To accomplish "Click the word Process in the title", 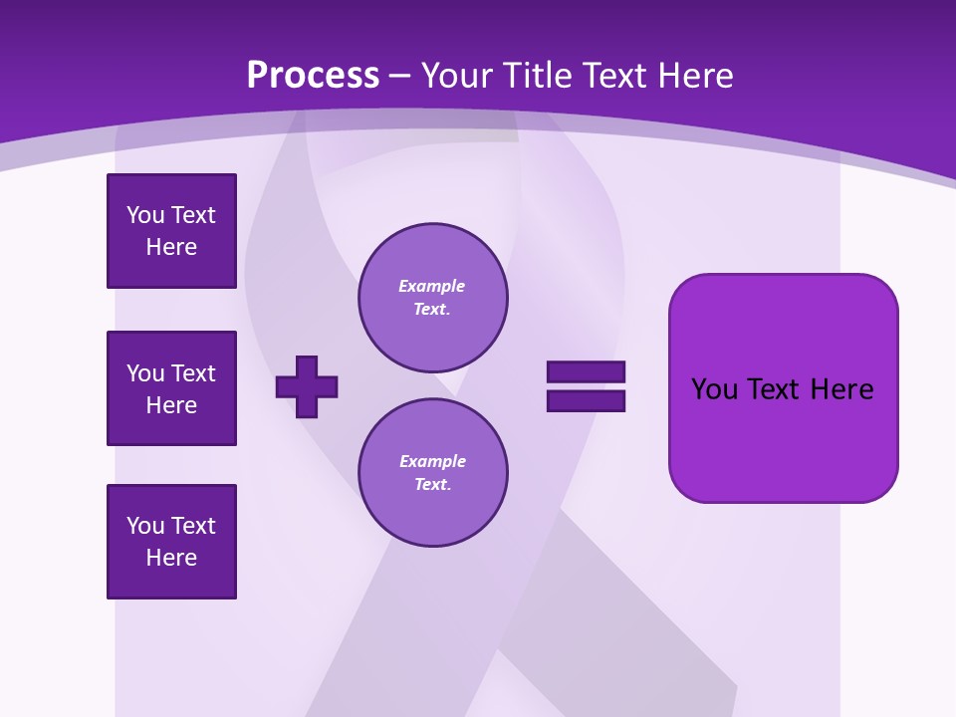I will pyautogui.click(x=313, y=76).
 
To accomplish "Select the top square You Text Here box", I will pyautogui.click(x=171, y=231).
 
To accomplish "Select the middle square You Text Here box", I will pyautogui.click(x=171, y=388).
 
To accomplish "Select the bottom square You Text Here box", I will pyautogui.click(x=171, y=541).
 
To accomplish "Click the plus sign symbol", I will pyautogui.click(x=307, y=386).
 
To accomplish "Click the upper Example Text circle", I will pyautogui.click(x=433, y=298).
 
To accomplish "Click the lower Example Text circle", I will pyautogui.click(x=433, y=473).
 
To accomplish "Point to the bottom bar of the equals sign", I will pyautogui.click(x=586, y=401).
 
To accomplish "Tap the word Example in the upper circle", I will pyautogui.click(x=431, y=286).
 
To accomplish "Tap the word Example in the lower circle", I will pyautogui.click(x=432, y=461).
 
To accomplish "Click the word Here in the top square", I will pyautogui.click(x=171, y=247).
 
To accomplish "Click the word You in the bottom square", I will pyautogui.click(x=145, y=526).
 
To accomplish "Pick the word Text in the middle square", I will pyautogui.click(x=193, y=373).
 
